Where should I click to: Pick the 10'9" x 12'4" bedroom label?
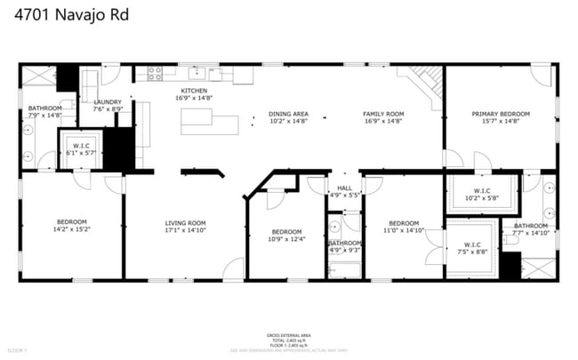(286, 235)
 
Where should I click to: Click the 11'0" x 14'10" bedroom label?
(404, 227)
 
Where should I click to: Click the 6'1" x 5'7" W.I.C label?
(80, 148)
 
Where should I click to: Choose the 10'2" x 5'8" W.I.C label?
(482, 194)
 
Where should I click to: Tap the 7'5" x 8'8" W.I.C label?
(472, 248)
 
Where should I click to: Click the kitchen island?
(209, 121)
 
